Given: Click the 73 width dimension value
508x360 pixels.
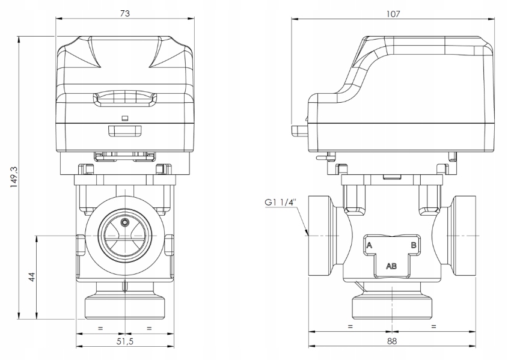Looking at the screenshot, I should [124, 13].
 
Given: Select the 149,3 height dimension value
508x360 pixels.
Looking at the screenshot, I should [14, 178].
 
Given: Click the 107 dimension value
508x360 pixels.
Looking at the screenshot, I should [394, 13].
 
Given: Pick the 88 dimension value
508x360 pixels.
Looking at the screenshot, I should [391, 341].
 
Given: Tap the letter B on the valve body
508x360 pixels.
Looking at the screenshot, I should [414, 245].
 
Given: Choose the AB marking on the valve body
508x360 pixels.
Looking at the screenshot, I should [391, 266].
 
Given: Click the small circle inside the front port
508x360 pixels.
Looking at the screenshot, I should [124, 223].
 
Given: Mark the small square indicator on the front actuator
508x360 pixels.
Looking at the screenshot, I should [124, 118].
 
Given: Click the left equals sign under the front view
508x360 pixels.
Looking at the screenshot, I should [100, 328].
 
